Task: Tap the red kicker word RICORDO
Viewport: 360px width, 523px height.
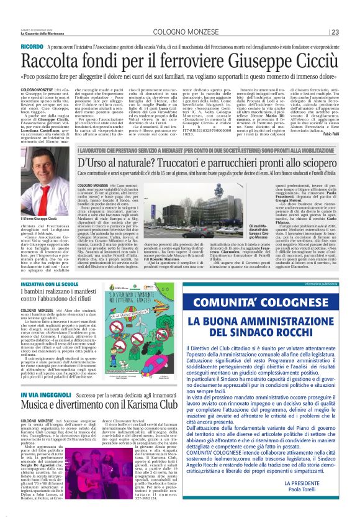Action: click(32, 47)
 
